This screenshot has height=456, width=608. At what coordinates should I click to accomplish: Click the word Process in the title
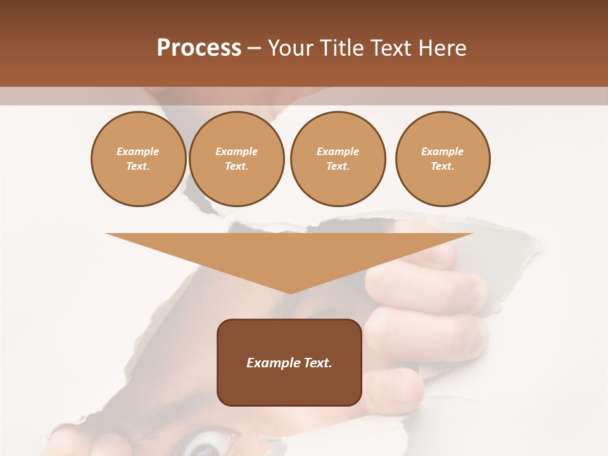pos(199,48)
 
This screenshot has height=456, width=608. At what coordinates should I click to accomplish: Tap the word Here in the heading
pos(441,48)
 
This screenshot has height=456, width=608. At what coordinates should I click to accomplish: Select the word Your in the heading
pos(290,48)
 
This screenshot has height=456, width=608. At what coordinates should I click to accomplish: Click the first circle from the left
pos(138,159)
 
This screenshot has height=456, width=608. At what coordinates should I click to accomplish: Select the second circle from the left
pos(237,159)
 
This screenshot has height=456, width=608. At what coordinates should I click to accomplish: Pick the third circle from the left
pos(338,159)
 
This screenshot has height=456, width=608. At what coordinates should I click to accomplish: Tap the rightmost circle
pos(443,159)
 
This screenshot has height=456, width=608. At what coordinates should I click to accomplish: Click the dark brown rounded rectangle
pos(289,380)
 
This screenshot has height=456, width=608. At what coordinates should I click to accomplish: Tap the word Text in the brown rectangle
pos(319,363)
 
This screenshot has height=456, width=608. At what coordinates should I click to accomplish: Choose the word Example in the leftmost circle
pos(138,151)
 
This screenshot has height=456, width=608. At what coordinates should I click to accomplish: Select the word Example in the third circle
pos(338,151)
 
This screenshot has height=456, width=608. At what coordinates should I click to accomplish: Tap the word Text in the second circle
pos(236,167)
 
